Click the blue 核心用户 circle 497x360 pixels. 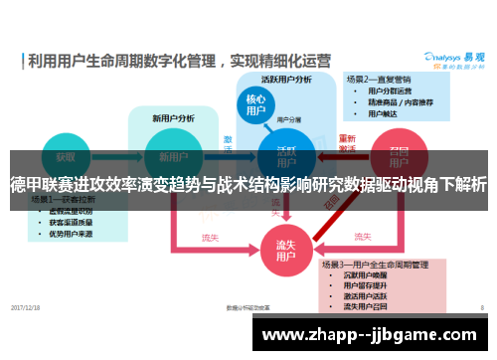[254, 105]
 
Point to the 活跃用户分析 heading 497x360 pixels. [286, 78]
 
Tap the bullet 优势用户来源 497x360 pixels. [64, 233]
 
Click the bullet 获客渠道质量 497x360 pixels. [64, 222]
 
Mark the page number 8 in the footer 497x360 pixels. [480, 306]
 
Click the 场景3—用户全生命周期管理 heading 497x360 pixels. [388, 264]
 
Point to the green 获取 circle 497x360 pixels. [65, 157]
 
